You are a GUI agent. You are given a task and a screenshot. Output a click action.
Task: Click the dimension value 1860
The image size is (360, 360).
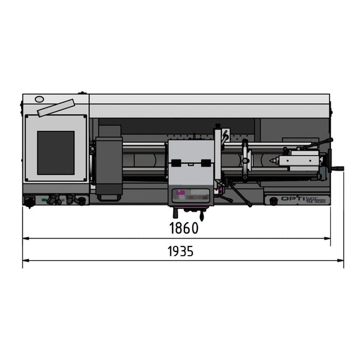pyautogui.click(x=183, y=228)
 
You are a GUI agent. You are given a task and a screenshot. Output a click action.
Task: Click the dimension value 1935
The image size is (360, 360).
pyautogui.click(x=181, y=251)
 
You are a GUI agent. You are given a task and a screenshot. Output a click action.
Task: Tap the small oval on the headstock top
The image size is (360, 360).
pyautogui.click(x=40, y=99)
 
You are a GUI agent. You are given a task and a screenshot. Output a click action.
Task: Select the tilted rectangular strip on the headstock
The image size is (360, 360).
pyautogui.click(x=56, y=108)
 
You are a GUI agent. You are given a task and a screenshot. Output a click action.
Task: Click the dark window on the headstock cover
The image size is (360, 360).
pyautogui.click(x=55, y=153)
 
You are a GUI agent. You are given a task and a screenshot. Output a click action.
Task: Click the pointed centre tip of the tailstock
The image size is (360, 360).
pyautogui.click(x=272, y=160)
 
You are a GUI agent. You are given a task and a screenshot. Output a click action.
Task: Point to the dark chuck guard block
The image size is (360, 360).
pyautogui.click(x=109, y=161)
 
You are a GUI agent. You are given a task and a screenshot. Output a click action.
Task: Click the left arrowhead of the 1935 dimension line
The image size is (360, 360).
pyautogui.click(x=25, y=260)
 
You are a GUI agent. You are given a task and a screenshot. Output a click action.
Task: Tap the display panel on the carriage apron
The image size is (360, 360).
pyautogui.click(x=191, y=196)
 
